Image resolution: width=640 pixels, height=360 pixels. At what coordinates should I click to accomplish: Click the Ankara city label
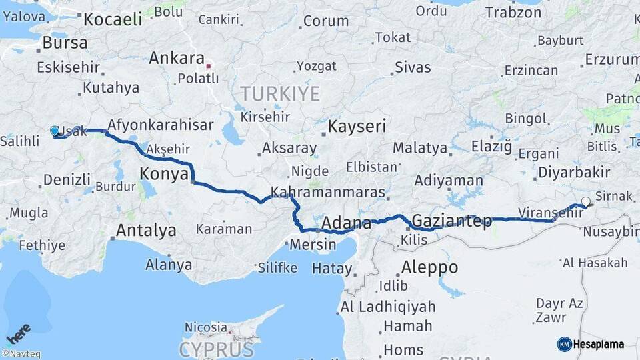(176, 58)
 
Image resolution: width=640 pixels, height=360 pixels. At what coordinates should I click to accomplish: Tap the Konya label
(163, 174)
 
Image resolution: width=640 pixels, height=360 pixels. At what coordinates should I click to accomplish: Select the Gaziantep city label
(452, 220)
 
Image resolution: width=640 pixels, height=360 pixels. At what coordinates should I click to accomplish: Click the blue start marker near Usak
(55, 131)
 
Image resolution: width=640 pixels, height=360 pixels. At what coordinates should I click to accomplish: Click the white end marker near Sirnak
(585, 201)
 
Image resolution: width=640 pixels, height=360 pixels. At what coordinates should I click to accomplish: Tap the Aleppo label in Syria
(429, 267)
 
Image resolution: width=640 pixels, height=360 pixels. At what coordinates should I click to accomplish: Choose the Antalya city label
(146, 231)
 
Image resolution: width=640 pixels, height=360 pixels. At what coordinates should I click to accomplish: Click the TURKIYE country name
(280, 93)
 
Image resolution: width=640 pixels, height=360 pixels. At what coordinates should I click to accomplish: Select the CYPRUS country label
(216, 349)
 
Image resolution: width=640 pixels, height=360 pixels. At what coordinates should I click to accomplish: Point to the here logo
(18, 334)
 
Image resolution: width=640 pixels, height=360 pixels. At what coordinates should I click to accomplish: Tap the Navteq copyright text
(21, 354)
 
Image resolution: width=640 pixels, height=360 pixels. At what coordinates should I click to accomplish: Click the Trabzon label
(513, 12)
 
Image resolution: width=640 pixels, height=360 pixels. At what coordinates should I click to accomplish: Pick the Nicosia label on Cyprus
(206, 327)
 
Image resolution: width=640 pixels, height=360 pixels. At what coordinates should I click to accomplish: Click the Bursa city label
(65, 43)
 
